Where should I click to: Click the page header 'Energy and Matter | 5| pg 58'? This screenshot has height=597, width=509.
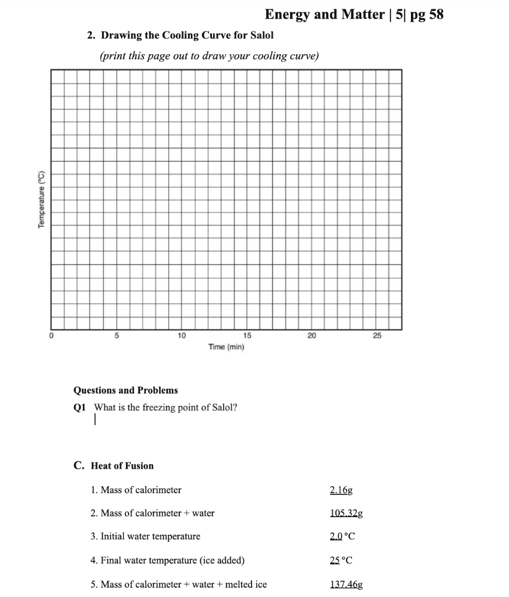tap(354, 15)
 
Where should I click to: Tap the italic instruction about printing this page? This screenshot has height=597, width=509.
tap(209, 56)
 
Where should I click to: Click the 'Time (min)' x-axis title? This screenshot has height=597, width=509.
tap(226, 347)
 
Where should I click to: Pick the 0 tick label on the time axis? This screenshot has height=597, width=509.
tap(51, 336)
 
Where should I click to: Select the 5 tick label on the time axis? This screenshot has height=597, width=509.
tap(116, 336)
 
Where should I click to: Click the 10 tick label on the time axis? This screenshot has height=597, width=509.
tap(182, 336)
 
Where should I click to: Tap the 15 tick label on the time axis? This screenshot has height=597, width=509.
tap(246, 336)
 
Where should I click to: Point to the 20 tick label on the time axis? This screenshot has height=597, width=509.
tap(312, 336)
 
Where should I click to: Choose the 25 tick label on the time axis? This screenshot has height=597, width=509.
tap(376, 336)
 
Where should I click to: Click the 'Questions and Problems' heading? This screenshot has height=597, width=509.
tap(125, 390)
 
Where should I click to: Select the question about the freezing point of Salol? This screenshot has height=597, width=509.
tap(165, 408)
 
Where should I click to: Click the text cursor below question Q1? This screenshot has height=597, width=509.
tap(95, 420)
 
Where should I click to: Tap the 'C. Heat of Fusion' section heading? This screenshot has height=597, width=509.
tap(114, 465)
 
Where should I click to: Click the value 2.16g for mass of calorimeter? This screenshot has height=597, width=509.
tap(341, 490)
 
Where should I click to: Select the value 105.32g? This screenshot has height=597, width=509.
tap(346, 513)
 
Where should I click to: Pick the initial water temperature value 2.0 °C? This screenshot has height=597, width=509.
tap(342, 536)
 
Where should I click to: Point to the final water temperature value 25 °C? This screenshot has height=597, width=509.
tap(341, 560)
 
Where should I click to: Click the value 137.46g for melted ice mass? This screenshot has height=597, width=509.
tap(346, 584)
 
